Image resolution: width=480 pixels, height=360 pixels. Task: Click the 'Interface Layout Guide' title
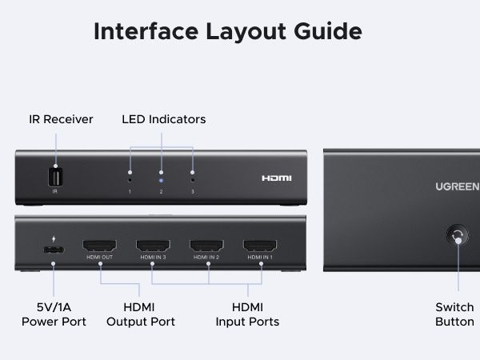228,31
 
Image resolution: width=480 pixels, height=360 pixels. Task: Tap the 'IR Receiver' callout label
61,119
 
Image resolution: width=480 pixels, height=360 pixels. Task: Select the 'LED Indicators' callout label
163,119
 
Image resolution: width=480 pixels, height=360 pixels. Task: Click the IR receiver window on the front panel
55,177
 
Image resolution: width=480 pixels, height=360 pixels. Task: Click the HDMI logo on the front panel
277,178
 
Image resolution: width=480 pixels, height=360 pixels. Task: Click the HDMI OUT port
99,246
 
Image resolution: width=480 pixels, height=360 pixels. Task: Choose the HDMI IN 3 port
152,246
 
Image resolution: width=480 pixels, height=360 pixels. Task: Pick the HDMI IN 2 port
206,246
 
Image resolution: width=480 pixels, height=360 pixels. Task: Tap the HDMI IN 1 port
259,246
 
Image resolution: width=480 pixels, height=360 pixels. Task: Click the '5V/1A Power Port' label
53,314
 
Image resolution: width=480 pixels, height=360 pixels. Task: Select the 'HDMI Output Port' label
141,314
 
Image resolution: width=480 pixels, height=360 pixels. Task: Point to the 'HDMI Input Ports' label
247,314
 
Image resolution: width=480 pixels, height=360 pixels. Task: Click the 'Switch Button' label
454,314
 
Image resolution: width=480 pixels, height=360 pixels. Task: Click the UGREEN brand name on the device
458,188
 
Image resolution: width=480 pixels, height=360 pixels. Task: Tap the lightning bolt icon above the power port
54,237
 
